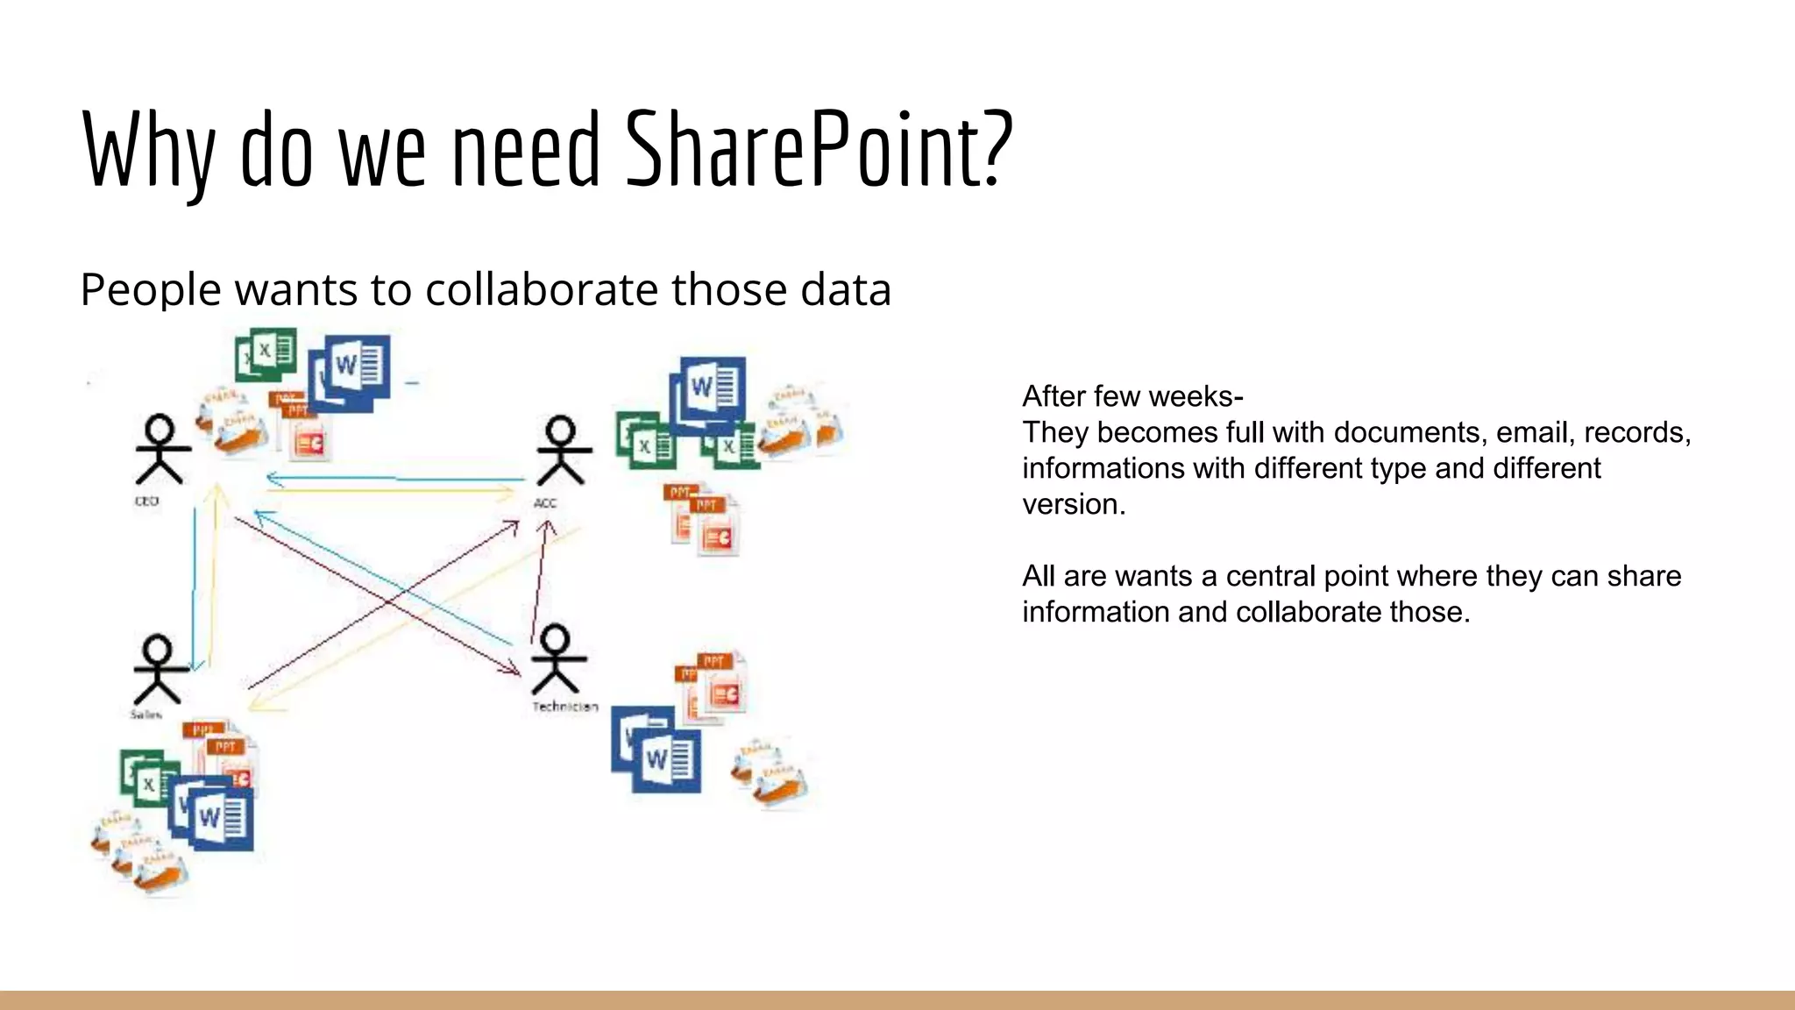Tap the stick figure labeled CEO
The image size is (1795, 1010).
point(162,450)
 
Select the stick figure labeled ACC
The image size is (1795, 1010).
point(562,451)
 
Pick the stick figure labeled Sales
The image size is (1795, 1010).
point(159,668)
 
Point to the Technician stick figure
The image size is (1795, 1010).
point(556,659)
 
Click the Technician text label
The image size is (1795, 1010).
point(565,707)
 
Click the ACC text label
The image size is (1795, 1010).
point(545,503)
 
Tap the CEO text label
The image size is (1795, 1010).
point(146,501)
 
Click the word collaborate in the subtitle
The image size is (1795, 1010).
point(541,289)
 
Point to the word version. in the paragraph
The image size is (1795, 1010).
point(1074,504)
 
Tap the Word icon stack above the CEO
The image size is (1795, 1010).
point(350,372)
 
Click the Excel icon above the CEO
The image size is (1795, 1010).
point(266,353)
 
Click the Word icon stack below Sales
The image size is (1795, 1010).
point(212,813)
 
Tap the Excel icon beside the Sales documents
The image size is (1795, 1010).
point(143,777)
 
